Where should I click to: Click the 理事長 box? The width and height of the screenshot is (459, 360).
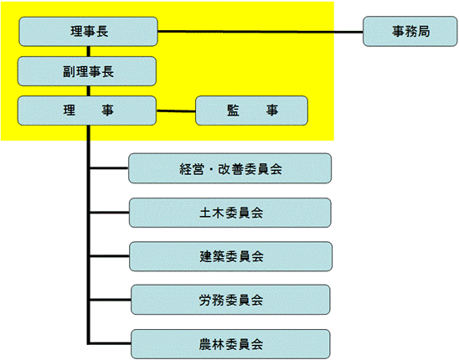tap(88, 32)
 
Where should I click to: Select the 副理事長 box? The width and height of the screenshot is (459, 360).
tap(87, 71)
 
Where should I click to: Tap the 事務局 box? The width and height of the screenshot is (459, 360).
tap(410, 31)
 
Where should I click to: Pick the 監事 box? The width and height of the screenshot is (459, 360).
tap(252, 111)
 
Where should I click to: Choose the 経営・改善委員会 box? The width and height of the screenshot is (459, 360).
tap(230, 168)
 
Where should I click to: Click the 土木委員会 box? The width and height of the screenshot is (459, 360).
tap(230, 213)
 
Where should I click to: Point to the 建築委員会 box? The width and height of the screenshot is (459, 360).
tap(230, 256)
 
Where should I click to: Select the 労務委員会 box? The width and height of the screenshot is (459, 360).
tap(230, 300)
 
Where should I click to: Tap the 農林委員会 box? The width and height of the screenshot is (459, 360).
tap(230, 344)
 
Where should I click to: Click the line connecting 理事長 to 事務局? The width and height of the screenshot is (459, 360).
tap(260, 32)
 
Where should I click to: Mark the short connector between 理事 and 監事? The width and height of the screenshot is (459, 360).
tap(176, 111)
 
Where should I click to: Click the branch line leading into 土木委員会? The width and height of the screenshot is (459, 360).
tap(110, 213)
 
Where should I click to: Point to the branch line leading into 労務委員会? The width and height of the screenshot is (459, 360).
tap(111, 300)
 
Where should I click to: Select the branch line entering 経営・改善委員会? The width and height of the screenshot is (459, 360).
tap(109, 168)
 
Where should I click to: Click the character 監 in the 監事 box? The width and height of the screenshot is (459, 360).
tap(233, 111)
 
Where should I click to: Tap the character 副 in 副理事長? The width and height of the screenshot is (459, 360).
tap(69, 72)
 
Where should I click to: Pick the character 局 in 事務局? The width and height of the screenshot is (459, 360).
tap(424, 31)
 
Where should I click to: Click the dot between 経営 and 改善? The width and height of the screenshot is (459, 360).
tap(210, 169)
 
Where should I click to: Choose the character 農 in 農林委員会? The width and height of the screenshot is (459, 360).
tap(205, 344)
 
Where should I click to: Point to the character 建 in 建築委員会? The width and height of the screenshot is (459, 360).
tap(206, 257)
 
